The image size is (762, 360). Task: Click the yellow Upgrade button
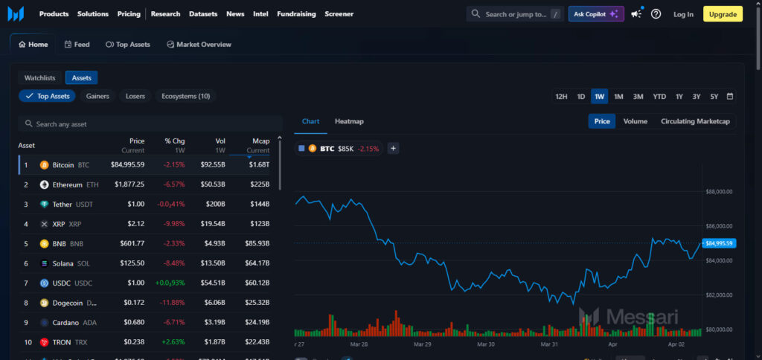[x=723, y=14]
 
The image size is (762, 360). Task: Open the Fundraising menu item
[x=296, y=14]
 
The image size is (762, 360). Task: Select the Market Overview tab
[x=199, y=45]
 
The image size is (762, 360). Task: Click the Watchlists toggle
[x=40, y=77]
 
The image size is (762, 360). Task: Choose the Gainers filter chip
[x=97, y=96]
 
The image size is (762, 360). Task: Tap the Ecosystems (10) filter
[x=186, y=96]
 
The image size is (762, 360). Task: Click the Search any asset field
[x=149, y=124]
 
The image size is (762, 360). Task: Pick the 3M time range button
[x=638, y=97]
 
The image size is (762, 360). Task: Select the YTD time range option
[x=659, y=97]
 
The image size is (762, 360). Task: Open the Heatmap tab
[x=349, y=121]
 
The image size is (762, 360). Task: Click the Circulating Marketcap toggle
[x=695, y=121]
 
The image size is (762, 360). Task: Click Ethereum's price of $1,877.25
[x=129, y=184]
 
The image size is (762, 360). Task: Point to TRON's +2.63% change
[x=173, y=342]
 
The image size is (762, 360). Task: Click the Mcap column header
[x=260, y=141]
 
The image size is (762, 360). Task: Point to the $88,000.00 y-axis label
[x=720, y=191]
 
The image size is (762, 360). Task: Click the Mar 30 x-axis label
[x=485, y=345]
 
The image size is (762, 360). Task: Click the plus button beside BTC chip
[x=394, y=148]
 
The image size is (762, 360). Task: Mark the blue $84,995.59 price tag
[x=719, y=243]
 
